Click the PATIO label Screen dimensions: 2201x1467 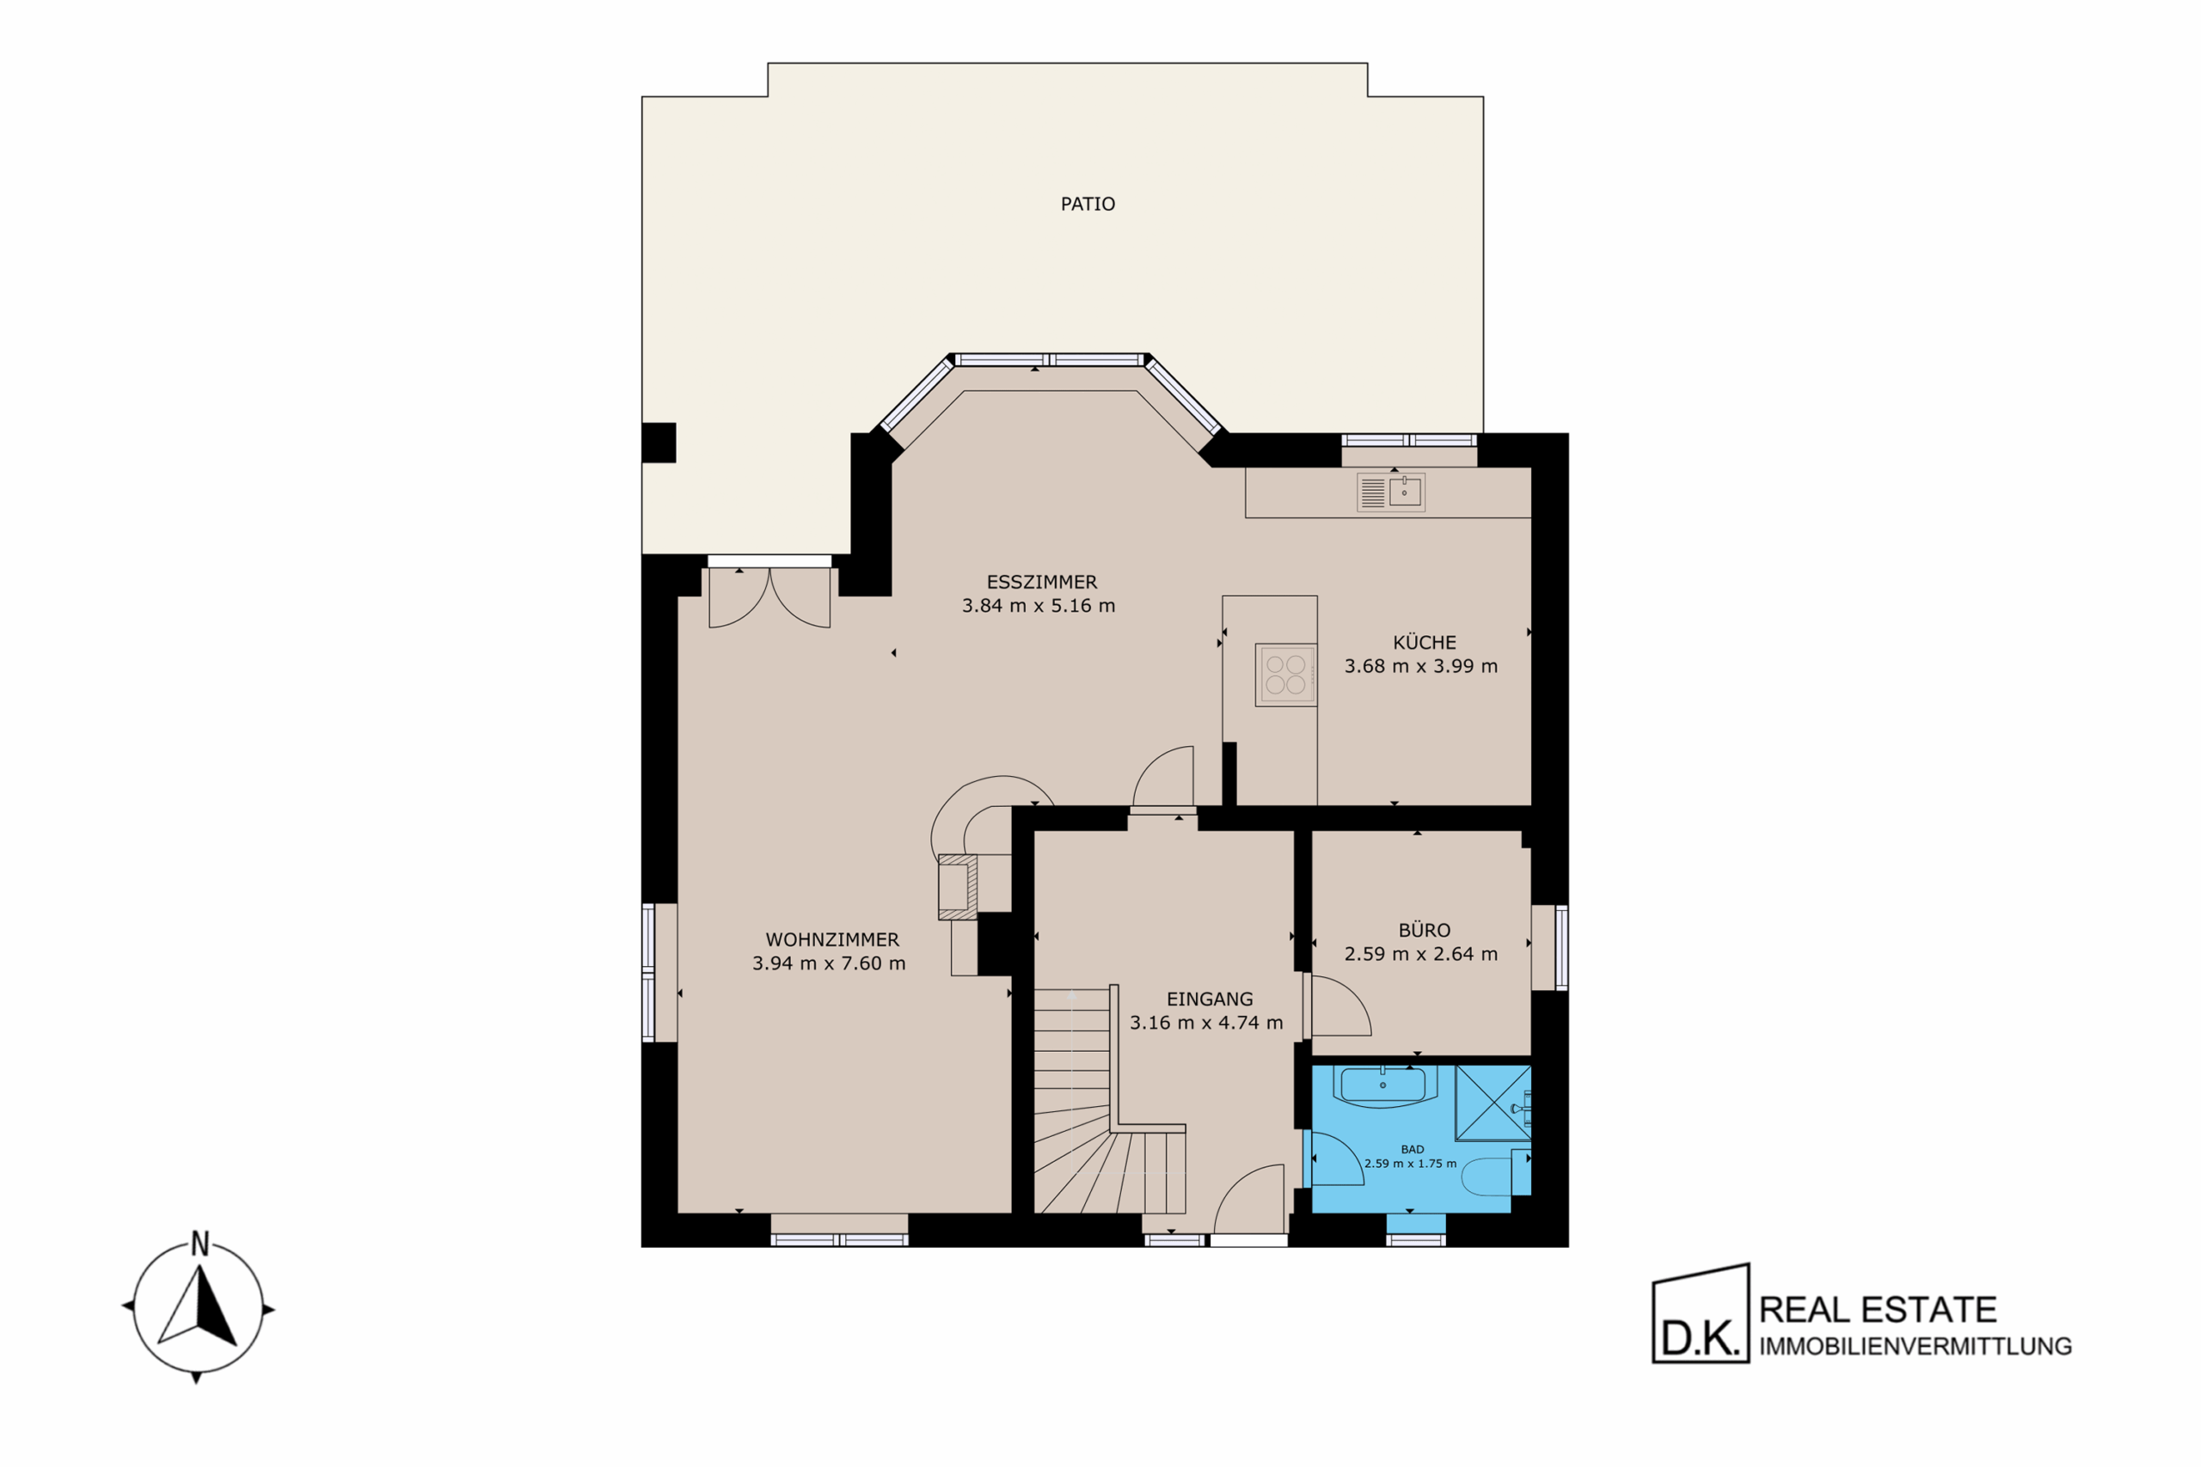(1088, 204)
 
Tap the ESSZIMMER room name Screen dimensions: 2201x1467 (1041, 582)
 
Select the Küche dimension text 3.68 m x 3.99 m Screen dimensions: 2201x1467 (1420, 666)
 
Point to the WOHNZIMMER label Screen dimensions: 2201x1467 (832, 939)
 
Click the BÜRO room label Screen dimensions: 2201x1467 (1425, 930)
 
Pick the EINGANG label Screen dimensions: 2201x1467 (1209, 999)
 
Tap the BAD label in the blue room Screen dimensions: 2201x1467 (1412, 1149)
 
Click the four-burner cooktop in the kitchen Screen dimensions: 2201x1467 (1286, 675)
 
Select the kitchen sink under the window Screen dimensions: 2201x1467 (1390, 492)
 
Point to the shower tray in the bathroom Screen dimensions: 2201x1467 (1493, 1103)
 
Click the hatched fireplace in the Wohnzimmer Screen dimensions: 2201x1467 (957, 887)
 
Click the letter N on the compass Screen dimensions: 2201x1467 (199, 1244)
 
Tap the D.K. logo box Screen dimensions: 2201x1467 (1701, 1313)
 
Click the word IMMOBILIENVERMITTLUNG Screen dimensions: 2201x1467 (1915, 1347)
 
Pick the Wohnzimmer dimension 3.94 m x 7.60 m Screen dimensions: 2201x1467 (829, 963)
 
